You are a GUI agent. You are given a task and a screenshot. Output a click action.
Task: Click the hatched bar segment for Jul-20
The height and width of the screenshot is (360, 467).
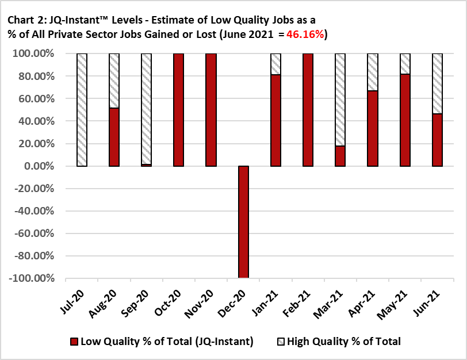tap(82, 109)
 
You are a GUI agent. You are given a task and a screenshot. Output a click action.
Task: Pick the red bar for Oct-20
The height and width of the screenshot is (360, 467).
tap(178, 109)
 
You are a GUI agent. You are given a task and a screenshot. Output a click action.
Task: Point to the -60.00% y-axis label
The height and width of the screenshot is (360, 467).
tap(33, 233)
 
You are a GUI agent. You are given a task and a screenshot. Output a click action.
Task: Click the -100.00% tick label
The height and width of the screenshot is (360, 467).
tap(32, 278)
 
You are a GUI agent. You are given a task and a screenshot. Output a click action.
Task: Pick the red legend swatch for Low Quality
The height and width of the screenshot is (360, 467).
tap(73, 342)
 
